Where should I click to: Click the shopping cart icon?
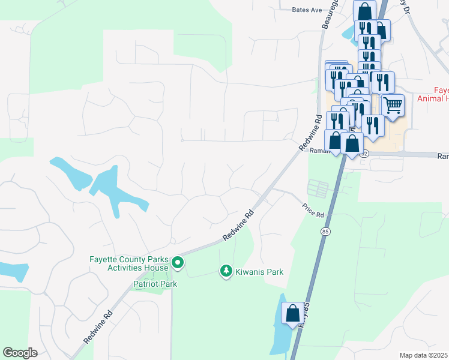[393, 106]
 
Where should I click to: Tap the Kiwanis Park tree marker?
[226, 272]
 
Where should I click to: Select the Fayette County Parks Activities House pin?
[178, 263]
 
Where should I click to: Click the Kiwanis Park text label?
[259, 272]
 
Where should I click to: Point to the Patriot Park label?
[155, 283]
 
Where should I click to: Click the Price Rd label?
[313, 210]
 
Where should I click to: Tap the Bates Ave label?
[307, 10]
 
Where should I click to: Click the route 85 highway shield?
[326, 231]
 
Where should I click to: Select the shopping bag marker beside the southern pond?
[292, 313]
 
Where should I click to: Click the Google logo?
[20, 353]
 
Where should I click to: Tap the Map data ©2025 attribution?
[423, 355]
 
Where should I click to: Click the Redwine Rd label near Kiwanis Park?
[239, 225]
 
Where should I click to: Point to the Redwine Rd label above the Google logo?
[99, 326]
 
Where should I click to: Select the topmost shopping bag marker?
[364, 10]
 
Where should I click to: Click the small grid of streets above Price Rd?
[318, 189]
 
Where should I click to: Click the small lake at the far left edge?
[13, 271]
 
